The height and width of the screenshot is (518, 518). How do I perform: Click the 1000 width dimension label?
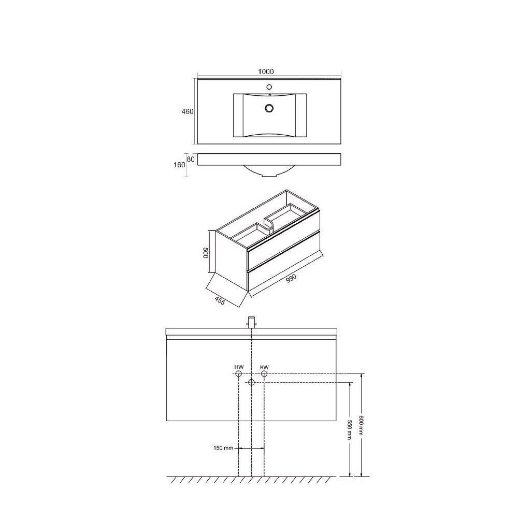(266, 71)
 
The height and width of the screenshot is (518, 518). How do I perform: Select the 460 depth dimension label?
(188, 112)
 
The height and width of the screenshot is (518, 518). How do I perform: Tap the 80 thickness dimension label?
(191, 159)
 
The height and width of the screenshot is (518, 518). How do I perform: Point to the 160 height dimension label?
(179, 165)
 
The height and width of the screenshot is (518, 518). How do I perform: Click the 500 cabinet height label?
(205, 253)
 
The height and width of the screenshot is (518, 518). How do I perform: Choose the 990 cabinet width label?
(291, 278)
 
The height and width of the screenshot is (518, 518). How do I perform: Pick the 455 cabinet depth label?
(220, 300)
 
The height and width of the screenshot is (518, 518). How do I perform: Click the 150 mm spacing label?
(223, 448)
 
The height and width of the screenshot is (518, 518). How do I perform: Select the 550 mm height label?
(349, 430)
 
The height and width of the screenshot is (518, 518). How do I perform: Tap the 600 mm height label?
(361, 425)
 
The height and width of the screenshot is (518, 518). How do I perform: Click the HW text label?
(239, 367)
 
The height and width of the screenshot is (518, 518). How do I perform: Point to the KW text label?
(264, 367)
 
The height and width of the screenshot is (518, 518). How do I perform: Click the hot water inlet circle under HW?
(238, 374)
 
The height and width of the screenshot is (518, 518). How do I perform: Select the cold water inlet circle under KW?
(264, 374)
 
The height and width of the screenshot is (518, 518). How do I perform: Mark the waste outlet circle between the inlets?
(251, 383)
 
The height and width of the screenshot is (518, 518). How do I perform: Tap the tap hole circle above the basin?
(269, 87)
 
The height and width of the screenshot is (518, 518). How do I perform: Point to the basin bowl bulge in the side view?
(269, 170)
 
